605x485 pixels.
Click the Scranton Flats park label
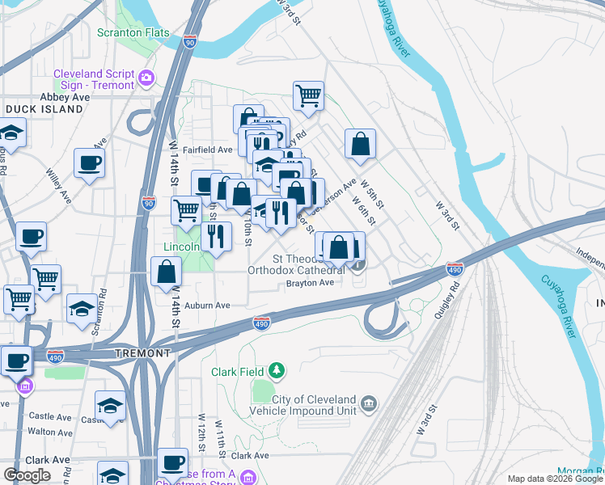tap(133, 32)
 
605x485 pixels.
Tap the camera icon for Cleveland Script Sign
tap(146, 78)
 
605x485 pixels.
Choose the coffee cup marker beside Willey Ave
tap(89, 164)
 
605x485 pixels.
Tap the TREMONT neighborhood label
tap(143, 353)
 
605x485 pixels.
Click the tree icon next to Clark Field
tap(277, 371)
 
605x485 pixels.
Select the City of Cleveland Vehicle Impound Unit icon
tap(368, 402)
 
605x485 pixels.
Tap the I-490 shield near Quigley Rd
tap(455, 268)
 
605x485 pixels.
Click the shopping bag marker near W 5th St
tap(360, 145)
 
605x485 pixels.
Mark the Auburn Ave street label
tap(207, 306)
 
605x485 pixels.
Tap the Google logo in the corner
tap(27, 475)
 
